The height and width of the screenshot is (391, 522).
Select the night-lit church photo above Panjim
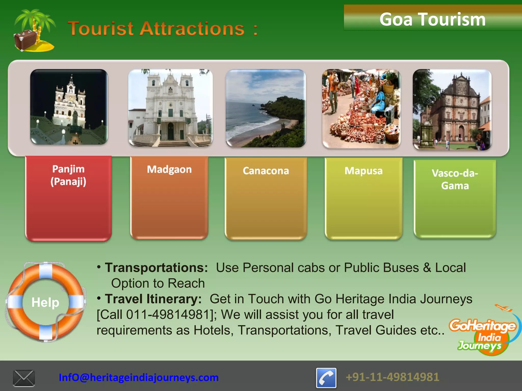69,107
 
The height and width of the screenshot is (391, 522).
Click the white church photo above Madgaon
170,108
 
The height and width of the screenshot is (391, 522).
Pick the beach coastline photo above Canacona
266,108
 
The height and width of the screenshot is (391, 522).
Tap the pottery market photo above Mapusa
361,108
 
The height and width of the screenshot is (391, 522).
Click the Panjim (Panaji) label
68,175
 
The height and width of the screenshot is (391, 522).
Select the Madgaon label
169,170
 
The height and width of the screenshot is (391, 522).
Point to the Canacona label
266,171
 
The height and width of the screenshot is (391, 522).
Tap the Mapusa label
363,171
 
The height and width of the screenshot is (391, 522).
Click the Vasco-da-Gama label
455,179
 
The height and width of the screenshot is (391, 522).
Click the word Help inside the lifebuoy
45,302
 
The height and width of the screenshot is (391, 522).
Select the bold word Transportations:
156,268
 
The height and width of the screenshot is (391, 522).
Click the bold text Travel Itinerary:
153,299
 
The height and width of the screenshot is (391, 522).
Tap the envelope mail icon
24,378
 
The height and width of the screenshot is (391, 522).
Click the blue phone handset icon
326,378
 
